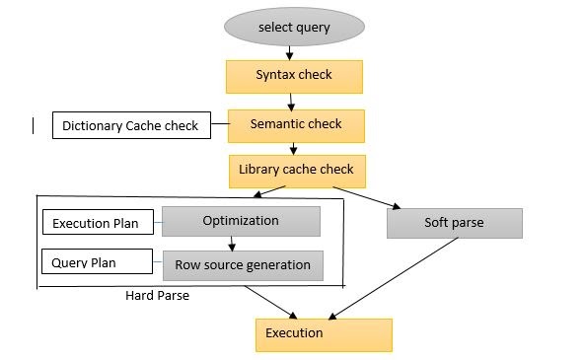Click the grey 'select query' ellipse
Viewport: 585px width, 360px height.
[294, 26]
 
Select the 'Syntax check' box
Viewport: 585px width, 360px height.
[294, 76]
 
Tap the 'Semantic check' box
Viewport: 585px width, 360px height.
[297, 125]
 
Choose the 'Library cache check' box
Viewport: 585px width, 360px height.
[297, 171]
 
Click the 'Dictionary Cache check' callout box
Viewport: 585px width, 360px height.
[130, 126]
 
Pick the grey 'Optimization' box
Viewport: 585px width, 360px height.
[241, 221]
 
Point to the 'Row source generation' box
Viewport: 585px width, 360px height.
[243, 265]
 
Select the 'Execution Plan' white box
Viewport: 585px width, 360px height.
[96, 224]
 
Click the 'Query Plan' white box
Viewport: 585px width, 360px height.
[96, 262]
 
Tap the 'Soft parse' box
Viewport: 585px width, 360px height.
[454, 223]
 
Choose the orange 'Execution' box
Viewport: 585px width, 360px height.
[324, 334]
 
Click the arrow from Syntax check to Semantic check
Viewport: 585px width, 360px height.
[293, 101]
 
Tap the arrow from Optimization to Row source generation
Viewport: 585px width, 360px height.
[231, 244]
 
